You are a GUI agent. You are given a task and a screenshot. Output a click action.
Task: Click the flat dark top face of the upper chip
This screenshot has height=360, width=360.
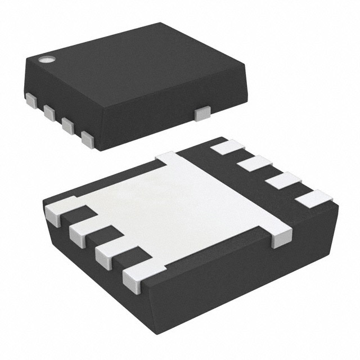tap(135, 67)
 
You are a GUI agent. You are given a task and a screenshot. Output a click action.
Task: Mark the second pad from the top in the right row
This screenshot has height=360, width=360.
tap(256, 164)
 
